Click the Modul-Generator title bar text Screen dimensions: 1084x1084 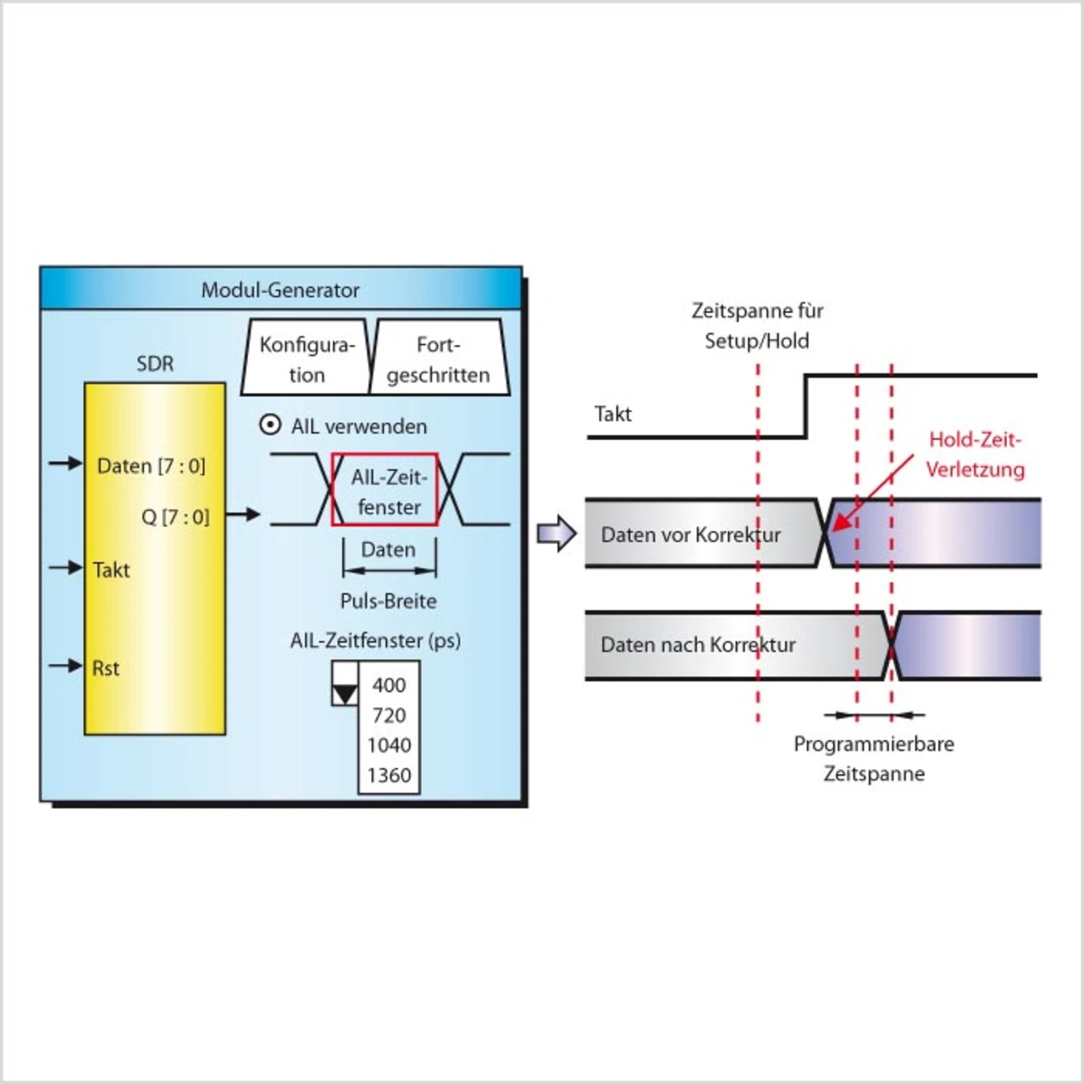(280, 290)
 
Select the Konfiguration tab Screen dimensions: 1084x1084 (307, 359)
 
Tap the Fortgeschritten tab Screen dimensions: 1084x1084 (438, 359)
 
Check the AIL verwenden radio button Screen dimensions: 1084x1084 (270, 424)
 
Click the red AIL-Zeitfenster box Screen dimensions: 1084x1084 (385, 491)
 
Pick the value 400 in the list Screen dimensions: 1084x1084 (389, 685)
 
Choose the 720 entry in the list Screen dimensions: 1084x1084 (389, 716)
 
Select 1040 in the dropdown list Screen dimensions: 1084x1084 (389, 745)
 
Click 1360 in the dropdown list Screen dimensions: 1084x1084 (389, 775)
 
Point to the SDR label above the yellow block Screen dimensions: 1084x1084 (155, 364)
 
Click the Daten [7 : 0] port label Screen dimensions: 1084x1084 (151, 466)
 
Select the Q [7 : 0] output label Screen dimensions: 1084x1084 (174, 517)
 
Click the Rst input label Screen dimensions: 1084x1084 (106, 668)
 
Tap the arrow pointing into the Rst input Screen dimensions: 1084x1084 (65, 666)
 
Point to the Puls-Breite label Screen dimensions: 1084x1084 (389, 601)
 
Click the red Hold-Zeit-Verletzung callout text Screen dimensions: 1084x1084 (974, 455)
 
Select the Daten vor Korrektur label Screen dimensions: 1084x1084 (690, 535)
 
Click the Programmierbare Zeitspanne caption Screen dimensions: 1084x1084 (874, 759)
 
